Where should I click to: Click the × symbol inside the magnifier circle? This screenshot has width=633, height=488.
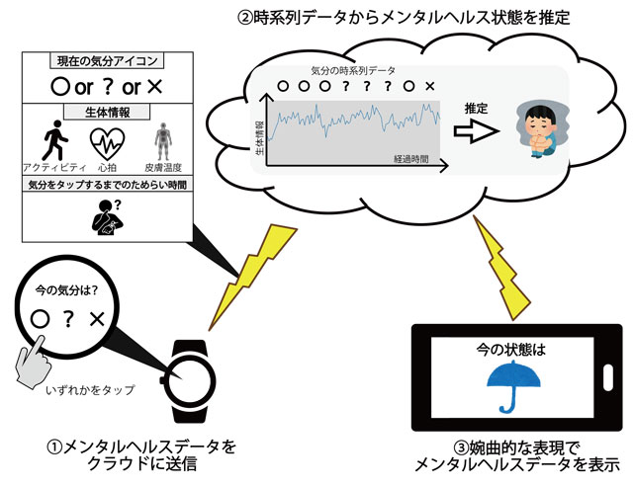[98, 318]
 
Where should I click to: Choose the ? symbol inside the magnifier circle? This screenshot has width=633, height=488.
[68, 318]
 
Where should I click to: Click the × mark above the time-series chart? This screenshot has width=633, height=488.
[430, 87]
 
